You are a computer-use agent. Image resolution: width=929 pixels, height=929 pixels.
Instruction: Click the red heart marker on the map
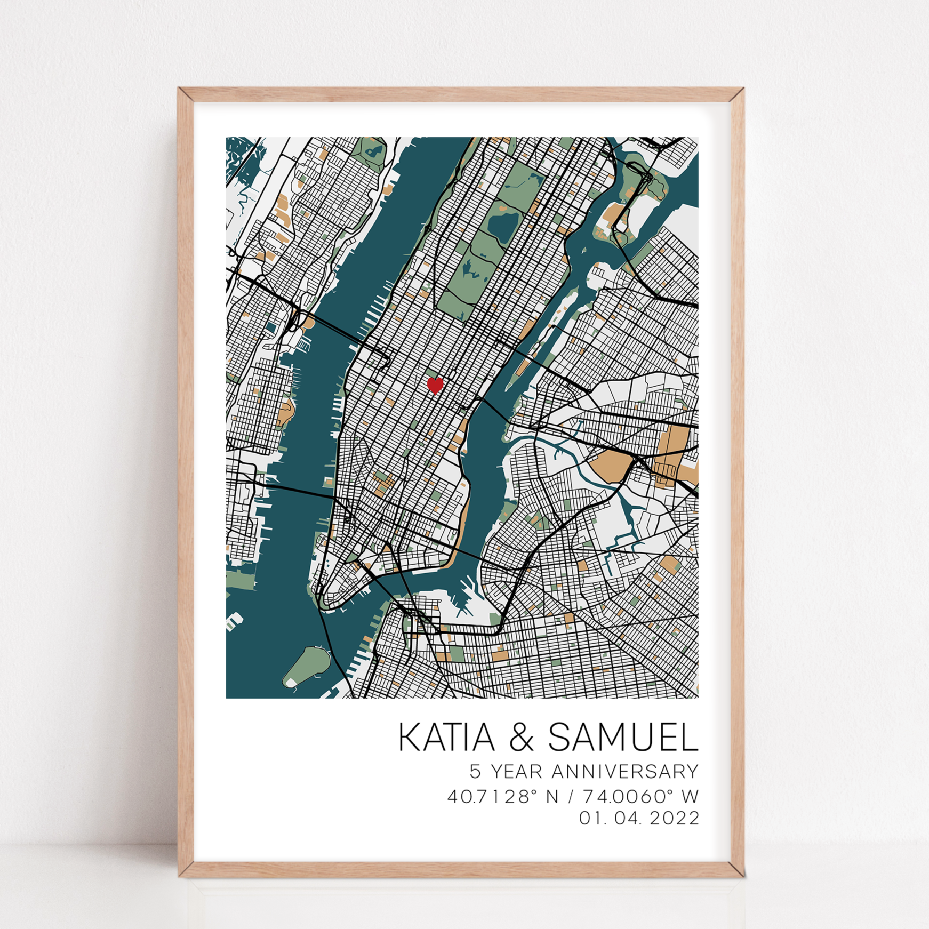pyautogui.click(x=435, y=385)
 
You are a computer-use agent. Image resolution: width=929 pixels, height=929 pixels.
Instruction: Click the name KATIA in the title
pyautogui.click(x=446, y=738)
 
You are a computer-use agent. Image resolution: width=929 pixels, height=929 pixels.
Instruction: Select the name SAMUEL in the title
pyautogui.click(x=623, y=738)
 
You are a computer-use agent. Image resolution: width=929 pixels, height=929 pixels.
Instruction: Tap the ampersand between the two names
pyautogui.click(x=521, y=738)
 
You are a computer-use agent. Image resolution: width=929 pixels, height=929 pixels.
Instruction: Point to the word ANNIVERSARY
pyautogui.click(x=624, y=772)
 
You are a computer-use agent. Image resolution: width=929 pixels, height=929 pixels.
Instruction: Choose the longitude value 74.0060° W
pyautogui.click(x=640, y=797)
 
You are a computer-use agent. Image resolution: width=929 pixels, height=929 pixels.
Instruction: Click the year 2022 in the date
pyautogui.click(x=674, y=818)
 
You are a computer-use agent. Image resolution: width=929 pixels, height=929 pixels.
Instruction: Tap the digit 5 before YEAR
pyautogui.click(x=475, y=772)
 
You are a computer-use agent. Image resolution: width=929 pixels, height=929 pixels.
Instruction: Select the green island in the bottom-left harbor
pyautogui.click(x=307, y=667)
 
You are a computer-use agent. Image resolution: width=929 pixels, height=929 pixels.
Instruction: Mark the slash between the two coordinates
pyautogui.click(x=571, y=797)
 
